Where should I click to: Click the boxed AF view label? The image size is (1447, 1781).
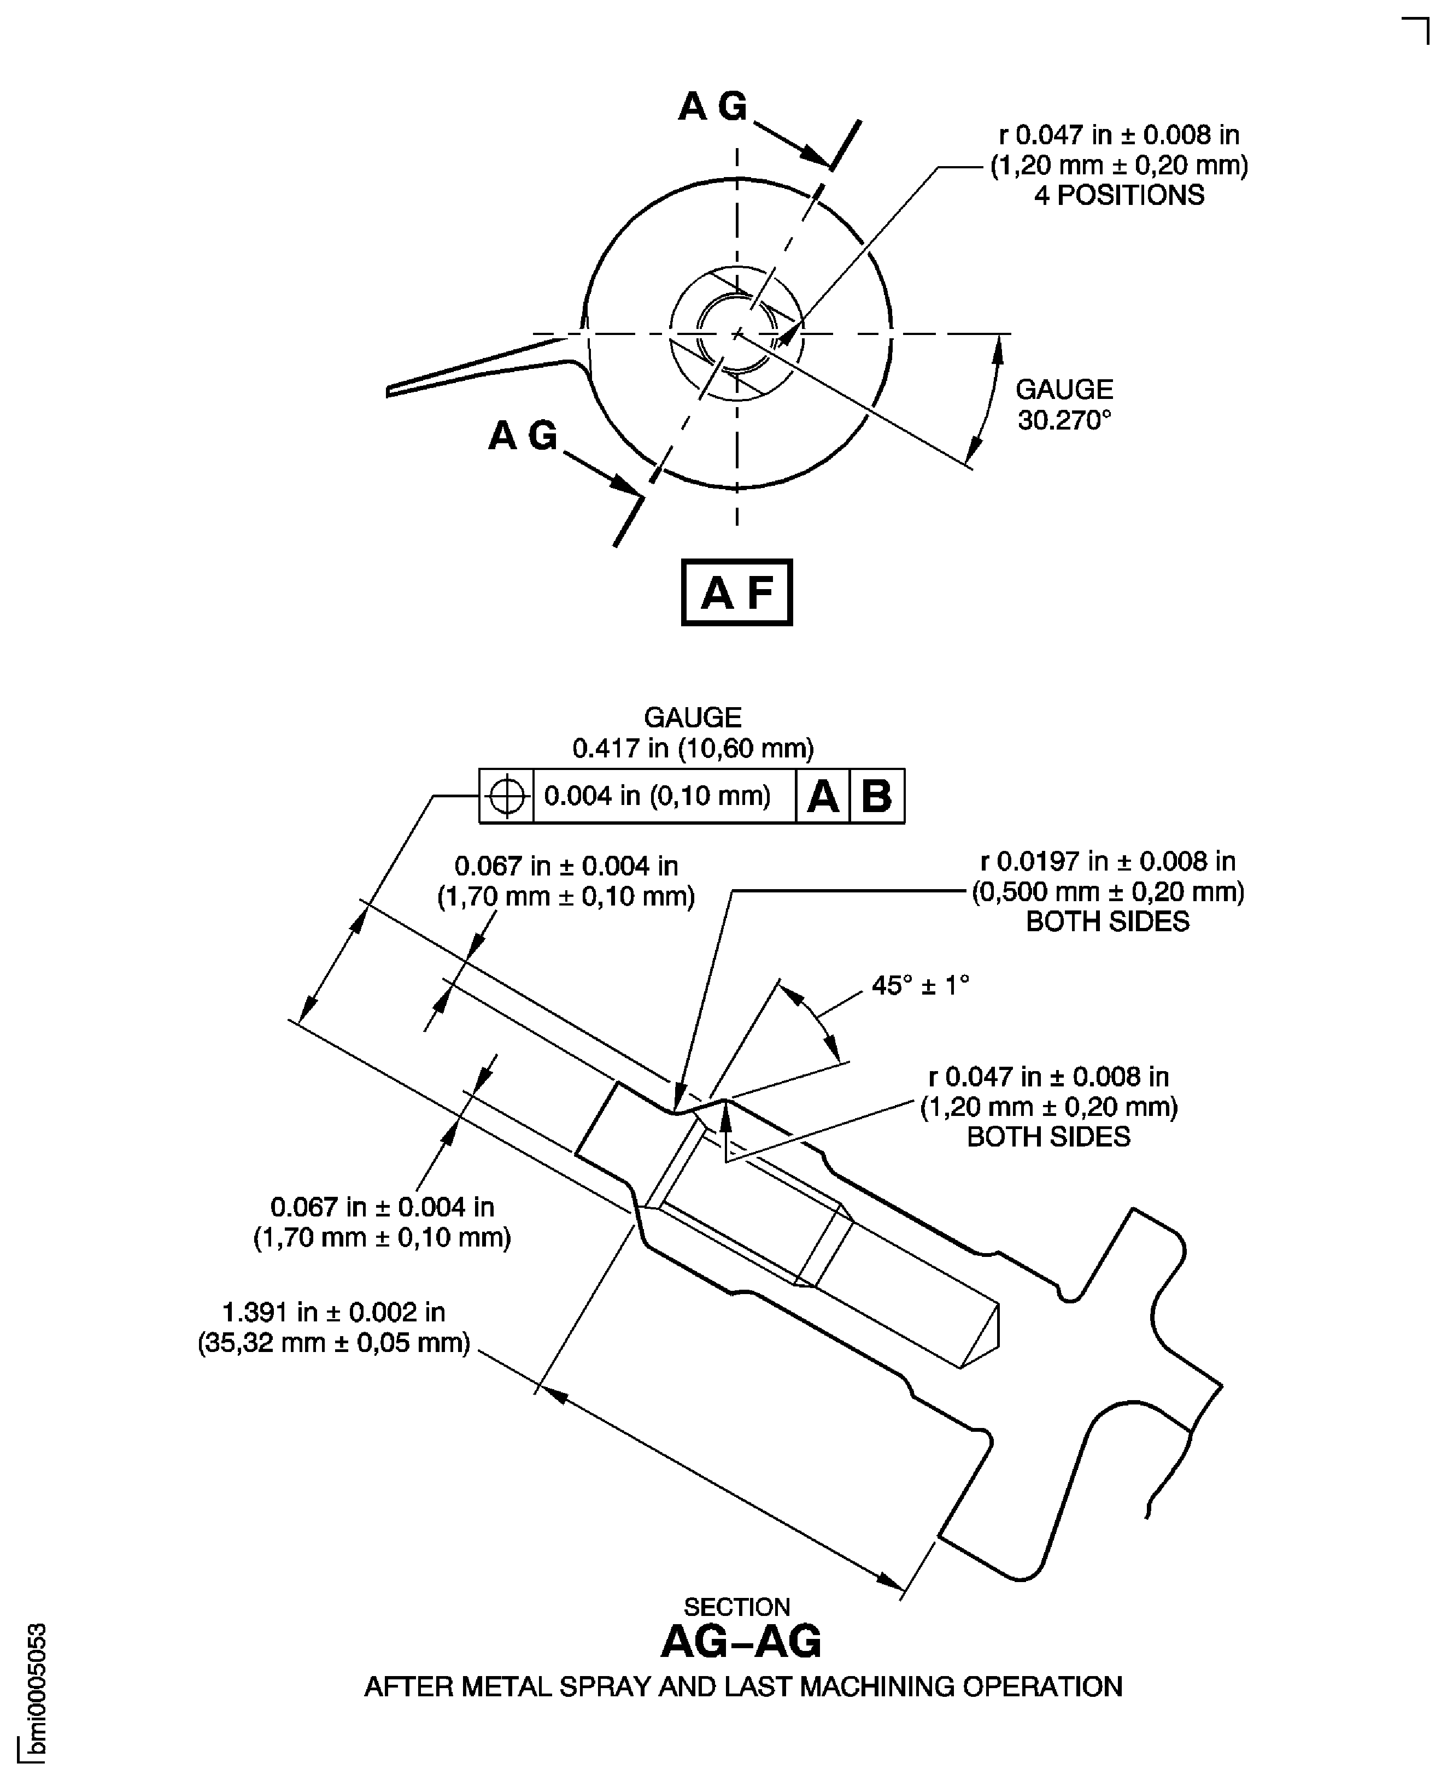[x=737, y=592]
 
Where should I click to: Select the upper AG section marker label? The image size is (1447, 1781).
[x=713, y=107]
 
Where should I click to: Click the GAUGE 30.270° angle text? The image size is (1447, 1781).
[x=1064, y=405]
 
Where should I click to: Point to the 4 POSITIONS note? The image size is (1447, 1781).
[x=1118, y=195]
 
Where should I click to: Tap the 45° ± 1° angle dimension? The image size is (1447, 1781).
[x=920, y=986]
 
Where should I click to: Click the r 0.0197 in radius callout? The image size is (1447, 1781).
[x=1108, y=861]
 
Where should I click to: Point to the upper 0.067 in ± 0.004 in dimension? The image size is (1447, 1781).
[x=566, y=867]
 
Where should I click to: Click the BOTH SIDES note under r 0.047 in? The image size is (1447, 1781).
[x=1048, y=1137]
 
